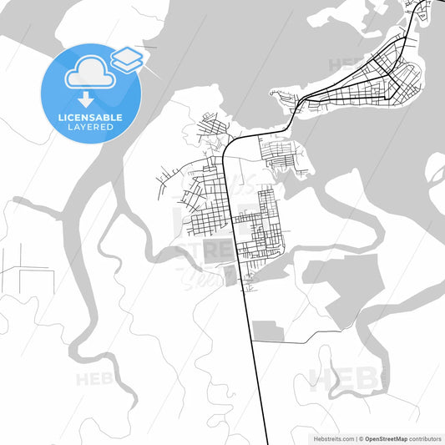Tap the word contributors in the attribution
[x=426, y=437]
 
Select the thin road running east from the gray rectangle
[x=317, y=339]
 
